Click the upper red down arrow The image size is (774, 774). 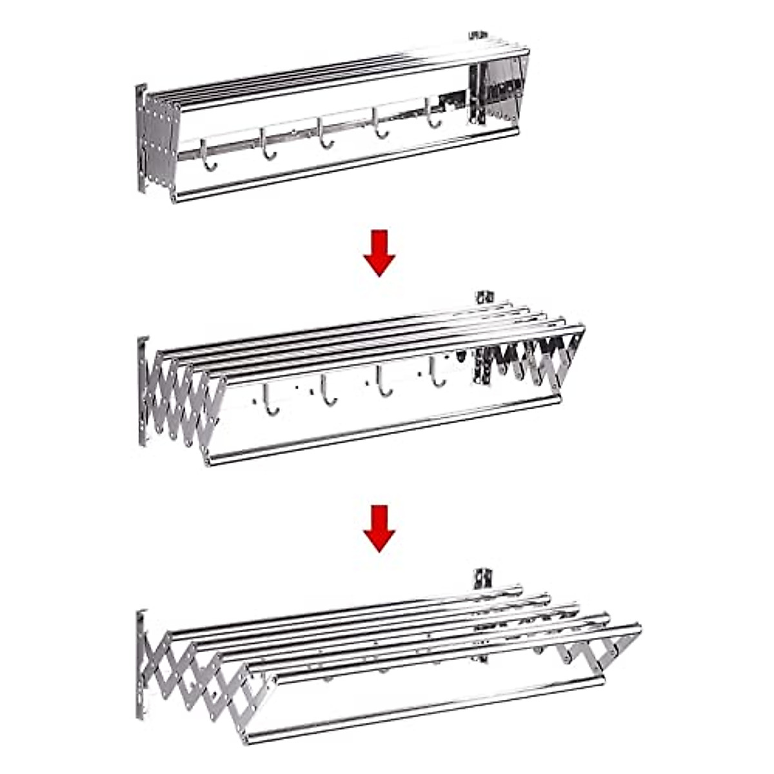[379, 253]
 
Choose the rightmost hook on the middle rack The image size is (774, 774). [437, 375]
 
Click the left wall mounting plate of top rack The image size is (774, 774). [141, 139]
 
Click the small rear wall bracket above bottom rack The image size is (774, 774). [480, 577]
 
